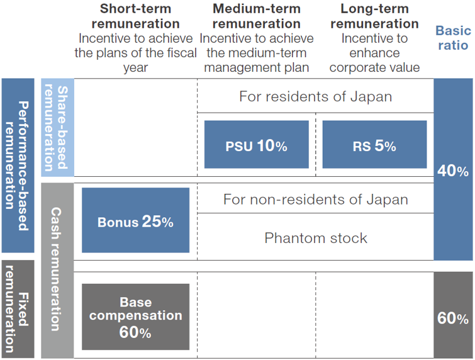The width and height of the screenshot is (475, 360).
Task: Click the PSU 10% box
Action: pos(256,145)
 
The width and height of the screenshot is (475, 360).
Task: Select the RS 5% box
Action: pos(374,145)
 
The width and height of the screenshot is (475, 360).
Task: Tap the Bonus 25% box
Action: pos(135,222)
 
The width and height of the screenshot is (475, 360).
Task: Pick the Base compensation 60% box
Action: pos(135,317)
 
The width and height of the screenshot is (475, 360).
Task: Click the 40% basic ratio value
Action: pos(453,171)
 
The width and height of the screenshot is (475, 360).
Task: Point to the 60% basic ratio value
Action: pos(453,318)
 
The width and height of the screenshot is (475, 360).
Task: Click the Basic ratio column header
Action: pos(453,38)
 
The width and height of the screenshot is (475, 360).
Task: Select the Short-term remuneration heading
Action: pos(135,16)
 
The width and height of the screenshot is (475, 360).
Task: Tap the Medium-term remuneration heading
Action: pos(256,16)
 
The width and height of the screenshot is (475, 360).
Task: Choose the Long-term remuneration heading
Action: pos(374,16)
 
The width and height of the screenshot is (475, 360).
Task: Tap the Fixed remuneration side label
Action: pos(18,308)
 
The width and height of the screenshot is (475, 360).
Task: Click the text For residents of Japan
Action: pos(315,97)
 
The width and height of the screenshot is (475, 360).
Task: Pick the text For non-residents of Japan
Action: pos(315,200)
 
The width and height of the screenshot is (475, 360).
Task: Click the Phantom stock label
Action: pos(315,237)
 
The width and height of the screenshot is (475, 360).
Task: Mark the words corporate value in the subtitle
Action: pos(374,67)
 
